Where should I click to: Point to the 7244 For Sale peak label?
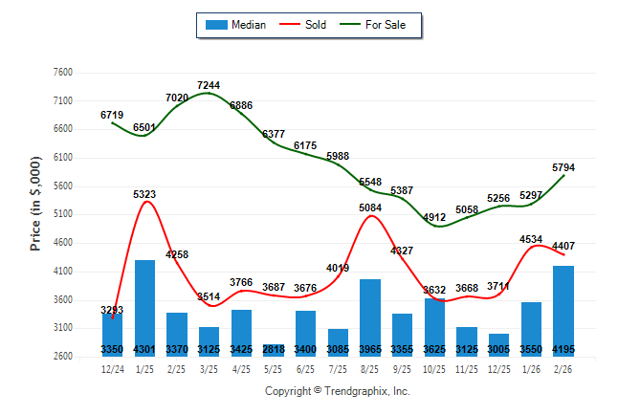click(209, 85)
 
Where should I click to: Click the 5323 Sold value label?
click(144, 194)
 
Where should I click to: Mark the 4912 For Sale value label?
click(435, 217)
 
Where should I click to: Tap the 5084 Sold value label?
click(370, 207)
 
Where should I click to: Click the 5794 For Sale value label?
click(563, 167)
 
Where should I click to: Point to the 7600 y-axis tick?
click(63, 73)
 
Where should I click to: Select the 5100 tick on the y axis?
click(63, 214)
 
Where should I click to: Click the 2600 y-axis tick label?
click(63, 357)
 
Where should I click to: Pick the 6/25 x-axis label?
click(305, 368)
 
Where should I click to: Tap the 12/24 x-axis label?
click(112, 368)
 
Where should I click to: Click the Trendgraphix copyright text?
click(337, 391)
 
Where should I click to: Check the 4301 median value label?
click(144, 348)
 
